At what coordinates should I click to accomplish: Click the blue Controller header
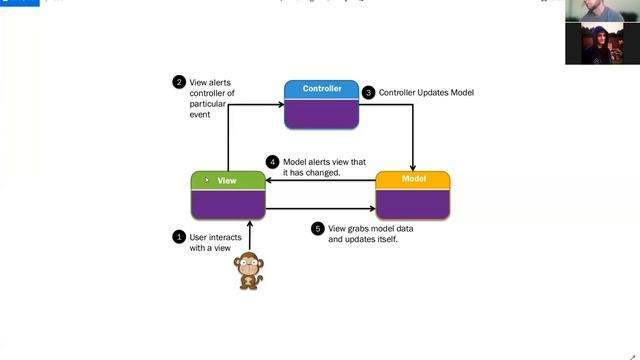click(x=321, y=89)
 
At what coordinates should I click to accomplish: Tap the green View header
click(x=227, y=181)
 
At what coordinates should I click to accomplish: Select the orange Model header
click(x=412, y=180)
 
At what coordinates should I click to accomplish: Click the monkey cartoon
click(x=248, y=271)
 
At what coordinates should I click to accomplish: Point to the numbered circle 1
click(x=179, y=237)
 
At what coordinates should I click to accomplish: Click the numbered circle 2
click(x=179, y=82)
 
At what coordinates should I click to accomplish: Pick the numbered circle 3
click(x=368, y=92)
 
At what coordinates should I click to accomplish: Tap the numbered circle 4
click(x=272, y=160)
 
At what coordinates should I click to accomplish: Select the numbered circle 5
click(x=318, y=228)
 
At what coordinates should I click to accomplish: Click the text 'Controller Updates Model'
click(x=426, y=93)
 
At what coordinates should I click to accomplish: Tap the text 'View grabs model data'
click(x=369, y=228)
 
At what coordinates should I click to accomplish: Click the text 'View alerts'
click(x=211, y=82)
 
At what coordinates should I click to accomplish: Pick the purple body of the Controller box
click(x=321, y=112)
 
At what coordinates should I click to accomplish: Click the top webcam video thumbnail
click(x=602, y=11)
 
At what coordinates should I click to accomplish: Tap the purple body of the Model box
click(x=412, y=203)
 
